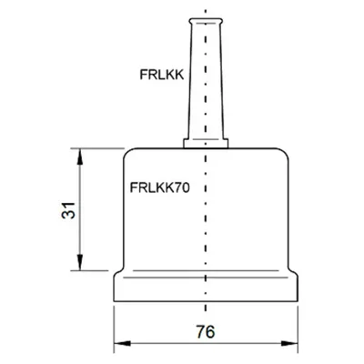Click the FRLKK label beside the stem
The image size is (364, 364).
pyautogui.click(x=162, y=75)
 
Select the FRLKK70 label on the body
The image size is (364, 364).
pyautogui.click(x=160, y=187)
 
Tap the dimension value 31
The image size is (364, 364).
pyautogui.click(x=68, y=210)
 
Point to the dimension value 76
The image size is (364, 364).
pyautogui.click(x=206, y=331)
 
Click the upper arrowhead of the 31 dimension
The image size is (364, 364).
pyautogui.click(x=80, y=157)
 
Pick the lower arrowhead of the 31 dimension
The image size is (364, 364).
pyautogui.click(x=80, y=262)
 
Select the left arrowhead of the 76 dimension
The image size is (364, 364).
pyautogui.click(x=122, y=343)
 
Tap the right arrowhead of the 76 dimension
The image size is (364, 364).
pyautogui.click(x=289, y=343)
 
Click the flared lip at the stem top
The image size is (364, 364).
pyautogui.click(x=206, y=21)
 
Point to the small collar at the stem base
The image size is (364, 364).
pyautogui.click(x=206, y=143)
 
